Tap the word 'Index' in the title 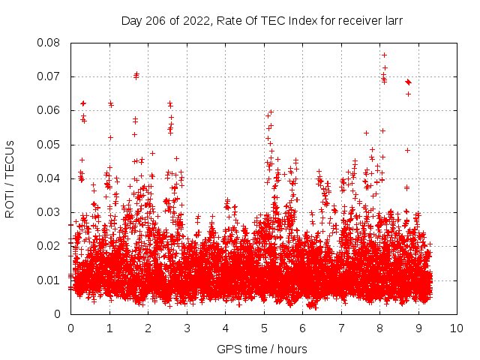tap(292, 21)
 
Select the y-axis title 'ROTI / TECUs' tap(10, 178)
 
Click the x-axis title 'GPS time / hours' tap(262, 349)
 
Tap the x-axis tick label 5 tap(264, 328)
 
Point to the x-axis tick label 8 tap(379, 328)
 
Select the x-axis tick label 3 tap(187, 328)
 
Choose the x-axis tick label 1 tap(109, 328)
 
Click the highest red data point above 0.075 tap(384, 55)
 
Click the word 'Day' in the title tap(132, 21)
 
